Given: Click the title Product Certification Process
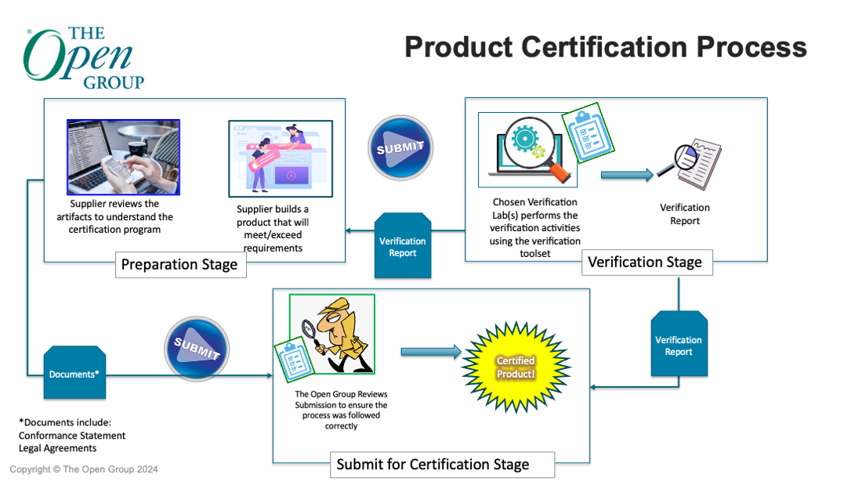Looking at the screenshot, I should [605, 47].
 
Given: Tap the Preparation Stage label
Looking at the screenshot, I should [179, 264].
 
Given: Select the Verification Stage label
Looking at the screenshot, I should [645, 262].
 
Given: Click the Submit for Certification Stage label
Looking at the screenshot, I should [433, 464].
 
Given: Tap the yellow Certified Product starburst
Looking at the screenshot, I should [515, 367].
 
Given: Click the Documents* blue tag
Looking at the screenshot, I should [74, 374].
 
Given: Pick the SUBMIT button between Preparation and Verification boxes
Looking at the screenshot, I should [400, 147].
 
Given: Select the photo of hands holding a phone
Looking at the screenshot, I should [123, 157].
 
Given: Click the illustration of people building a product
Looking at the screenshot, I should [280, 158].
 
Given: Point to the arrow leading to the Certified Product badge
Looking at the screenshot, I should [431, 352].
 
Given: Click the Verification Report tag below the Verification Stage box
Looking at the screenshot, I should [679, 346].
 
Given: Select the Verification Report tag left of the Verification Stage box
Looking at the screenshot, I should [403, 246].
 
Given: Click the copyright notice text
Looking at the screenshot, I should [84, 469].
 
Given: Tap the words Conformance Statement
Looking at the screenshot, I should [72, 436].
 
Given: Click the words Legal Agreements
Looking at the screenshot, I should [58, 448].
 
